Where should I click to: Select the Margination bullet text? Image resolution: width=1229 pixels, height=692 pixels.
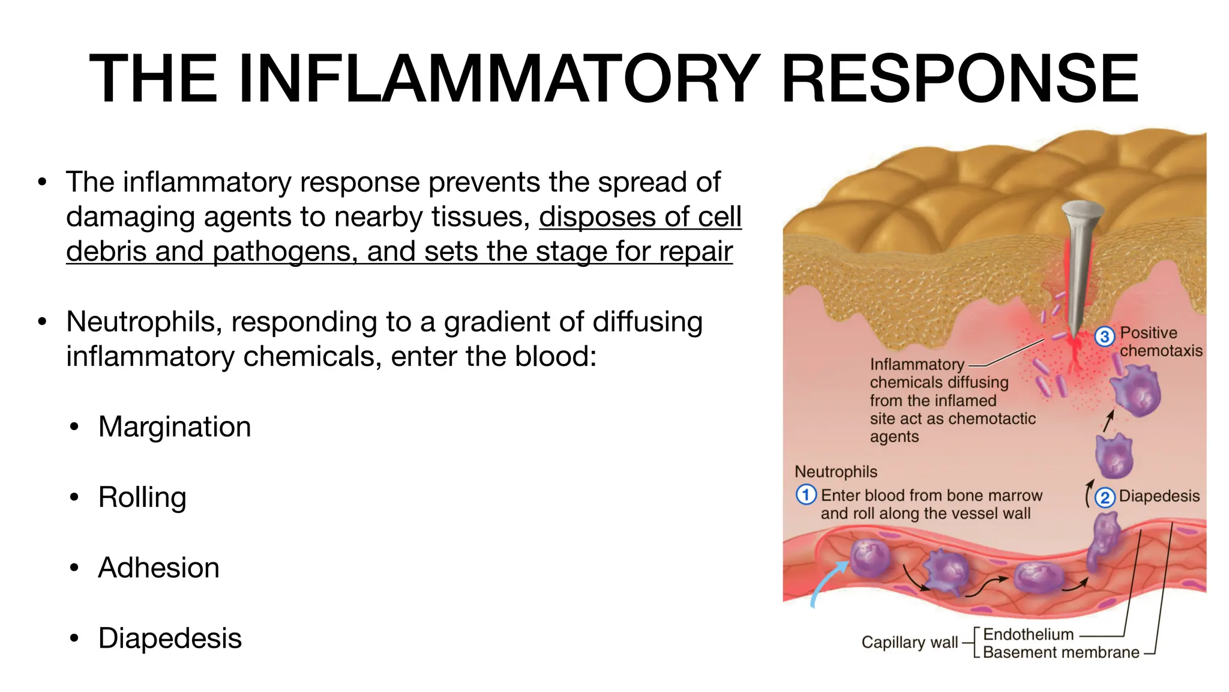tap(174, 427)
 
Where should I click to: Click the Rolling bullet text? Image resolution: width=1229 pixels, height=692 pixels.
tap(142, 497)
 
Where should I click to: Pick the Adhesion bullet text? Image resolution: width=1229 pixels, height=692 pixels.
tap(158, 568)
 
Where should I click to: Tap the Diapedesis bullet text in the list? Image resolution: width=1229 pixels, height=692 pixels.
tap(170, 638)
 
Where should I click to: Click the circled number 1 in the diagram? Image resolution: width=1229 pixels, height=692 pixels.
tap(805, 495)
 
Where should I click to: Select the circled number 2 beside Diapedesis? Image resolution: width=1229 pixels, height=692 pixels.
tap(1105, 497)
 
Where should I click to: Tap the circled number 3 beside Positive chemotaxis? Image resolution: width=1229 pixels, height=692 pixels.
tap(1105, 336)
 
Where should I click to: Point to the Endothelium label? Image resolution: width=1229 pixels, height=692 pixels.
tap(1028, 634)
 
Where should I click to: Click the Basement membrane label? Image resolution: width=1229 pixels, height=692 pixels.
tap(1060, 652)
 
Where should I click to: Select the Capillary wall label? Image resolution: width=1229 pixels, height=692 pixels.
tap(909, 642)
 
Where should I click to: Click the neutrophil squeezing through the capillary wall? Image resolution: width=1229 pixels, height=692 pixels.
tap(1103, 541)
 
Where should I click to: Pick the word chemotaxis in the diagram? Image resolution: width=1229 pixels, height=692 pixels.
tap(1161, 351)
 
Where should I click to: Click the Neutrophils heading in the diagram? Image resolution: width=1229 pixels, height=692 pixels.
tap(835, 472)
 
